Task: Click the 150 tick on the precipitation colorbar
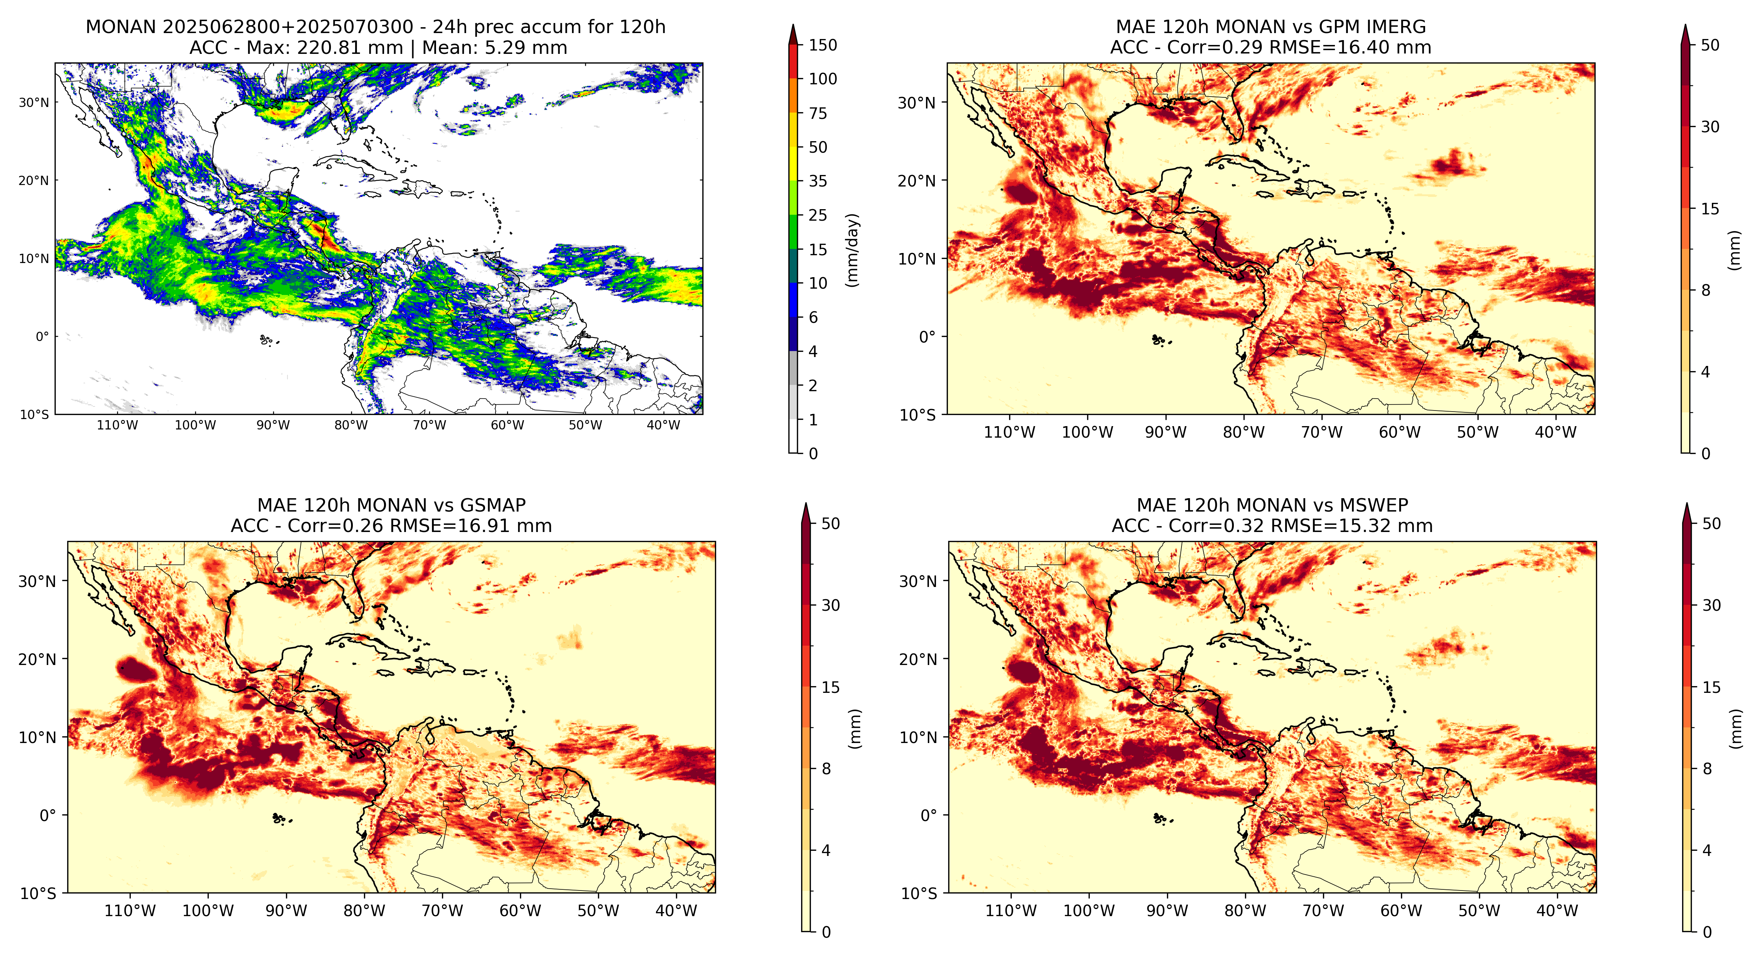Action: [x=823, y=45]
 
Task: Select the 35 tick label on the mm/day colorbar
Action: [x=818, y=181]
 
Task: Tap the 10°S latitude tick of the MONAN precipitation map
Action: [x=34, y=415]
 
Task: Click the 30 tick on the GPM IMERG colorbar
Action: [x=1710, y=127]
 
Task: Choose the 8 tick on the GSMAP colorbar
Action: [x=826, y=769]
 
